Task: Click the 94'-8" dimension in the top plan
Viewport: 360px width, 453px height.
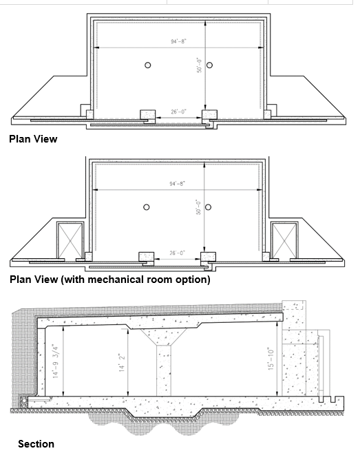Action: (x=178, y=41)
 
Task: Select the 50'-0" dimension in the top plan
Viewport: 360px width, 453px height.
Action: (x=198, y=70)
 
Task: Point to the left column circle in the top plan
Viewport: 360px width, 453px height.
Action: (x=147, y=65)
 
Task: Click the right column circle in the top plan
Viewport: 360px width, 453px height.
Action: (x=209, y=65)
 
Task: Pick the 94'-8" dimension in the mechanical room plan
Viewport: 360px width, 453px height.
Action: (x=178, y=184)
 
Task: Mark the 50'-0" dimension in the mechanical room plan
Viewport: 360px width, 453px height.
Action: (x=198, y=207)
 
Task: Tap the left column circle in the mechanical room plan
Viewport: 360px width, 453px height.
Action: (x=146, y=207)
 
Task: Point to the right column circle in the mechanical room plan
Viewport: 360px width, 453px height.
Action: (x=209, y=207)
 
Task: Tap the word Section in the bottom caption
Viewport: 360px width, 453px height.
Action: (x=36, y=444)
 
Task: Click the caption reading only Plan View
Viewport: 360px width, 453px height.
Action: (x=33, y=139)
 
